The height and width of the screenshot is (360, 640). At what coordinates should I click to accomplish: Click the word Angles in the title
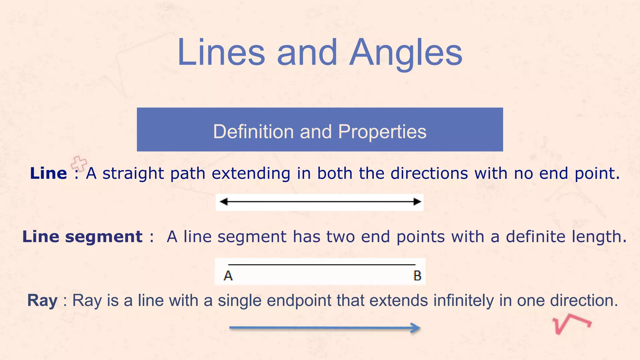tap(406, 53)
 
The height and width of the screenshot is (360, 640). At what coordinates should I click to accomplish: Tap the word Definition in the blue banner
tap(253, 131)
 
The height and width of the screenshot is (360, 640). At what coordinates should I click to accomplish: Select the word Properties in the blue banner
tap(382, 132)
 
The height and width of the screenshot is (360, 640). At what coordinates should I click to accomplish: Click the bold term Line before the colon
tap(48, 173)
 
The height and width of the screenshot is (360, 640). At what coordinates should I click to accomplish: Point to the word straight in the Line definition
tap(133, 173)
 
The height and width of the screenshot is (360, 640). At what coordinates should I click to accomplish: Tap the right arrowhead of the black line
tap(417, 202)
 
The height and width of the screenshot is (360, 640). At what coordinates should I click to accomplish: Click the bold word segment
tap(104, 237)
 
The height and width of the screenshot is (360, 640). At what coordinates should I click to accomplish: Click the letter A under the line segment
tap(228, 276)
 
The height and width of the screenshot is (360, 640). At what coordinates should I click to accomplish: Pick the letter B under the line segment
tap(417, 276)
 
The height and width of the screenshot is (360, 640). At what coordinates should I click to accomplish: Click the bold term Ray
tap(42, 301)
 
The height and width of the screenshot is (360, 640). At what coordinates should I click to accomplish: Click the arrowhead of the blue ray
tap(416, 328)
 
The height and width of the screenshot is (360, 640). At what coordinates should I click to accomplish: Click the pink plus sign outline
tap(79, 163)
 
